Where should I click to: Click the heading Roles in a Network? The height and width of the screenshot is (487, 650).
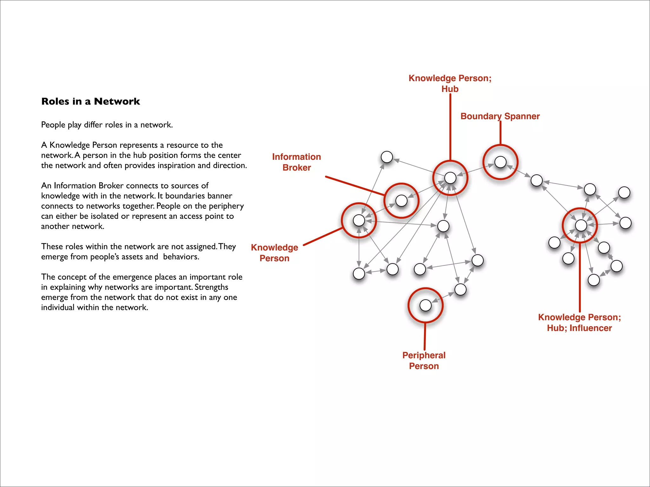point(90,101)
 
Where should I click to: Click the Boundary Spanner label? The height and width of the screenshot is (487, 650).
point(500,116)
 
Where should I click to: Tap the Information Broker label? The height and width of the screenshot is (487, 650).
point(296,162)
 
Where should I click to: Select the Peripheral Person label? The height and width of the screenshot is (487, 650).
point(424,360)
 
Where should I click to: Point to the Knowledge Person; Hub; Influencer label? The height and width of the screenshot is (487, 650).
point(579,322)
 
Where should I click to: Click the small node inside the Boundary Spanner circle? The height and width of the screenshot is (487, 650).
point(500,162)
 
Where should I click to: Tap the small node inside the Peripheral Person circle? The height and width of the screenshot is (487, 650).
point(425,305)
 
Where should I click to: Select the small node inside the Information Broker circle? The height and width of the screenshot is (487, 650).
point(401,200)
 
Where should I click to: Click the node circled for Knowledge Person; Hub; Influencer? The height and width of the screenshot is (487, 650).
point(581,225)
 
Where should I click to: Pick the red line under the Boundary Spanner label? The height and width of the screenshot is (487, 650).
point(501,133)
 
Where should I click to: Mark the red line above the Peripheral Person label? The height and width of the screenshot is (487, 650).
point(425,336)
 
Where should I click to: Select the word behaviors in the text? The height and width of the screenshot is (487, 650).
point(181,257)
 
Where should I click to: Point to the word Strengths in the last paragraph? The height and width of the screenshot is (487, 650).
point(211,287)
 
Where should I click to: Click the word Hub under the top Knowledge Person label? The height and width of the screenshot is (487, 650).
point(450,89)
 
